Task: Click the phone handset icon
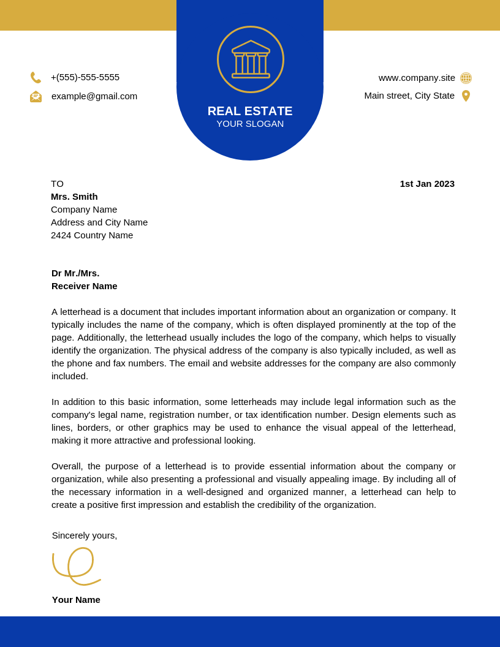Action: click(x=36, y=78)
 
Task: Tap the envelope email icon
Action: click(x=36, y=96)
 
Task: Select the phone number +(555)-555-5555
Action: click(x=85, y=77)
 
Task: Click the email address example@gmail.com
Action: click(x=94, y=96)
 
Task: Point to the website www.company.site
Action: click(x=417, y=78)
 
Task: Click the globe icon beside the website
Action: click(x=466, y=78)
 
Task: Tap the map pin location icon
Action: click(x=466, y=96)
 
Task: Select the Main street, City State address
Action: click(x=409, y=96)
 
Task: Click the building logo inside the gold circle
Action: click(x=251, y=59)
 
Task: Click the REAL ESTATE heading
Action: click(x=250, y=111)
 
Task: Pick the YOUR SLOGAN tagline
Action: click(x=250, y=124)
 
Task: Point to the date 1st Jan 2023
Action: click(x=427, y=184)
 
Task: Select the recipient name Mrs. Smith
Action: click(x=74, y=197)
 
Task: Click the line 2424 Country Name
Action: click(x=92, y=235)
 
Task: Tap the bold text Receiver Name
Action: click(x=85, y=286)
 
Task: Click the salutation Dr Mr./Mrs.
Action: click(x=75, y=273)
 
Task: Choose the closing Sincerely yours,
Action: click(x=85, y=535)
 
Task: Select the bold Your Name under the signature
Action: click(x=76, y=600)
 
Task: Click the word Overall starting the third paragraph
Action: click(x=67, y=466)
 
